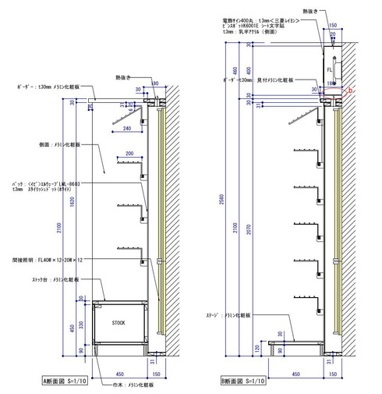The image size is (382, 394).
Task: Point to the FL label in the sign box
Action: click(330, 68)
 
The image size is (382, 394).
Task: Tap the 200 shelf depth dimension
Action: click(129, 154)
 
